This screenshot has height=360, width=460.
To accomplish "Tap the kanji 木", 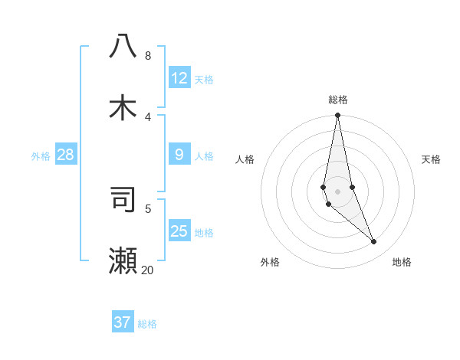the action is (123, 108).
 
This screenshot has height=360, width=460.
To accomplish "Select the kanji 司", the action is (123, 199).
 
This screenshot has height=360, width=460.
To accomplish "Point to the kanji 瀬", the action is (123, 261).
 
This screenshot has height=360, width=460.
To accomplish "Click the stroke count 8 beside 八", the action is (147, 56).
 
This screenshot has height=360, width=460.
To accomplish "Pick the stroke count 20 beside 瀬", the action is (147, 270).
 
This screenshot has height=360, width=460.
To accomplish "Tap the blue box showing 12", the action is (179, 78).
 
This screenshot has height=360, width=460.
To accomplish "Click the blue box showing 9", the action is (179, 155).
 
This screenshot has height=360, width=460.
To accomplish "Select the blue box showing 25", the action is (179, 231).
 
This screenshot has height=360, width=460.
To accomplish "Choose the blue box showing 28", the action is (66, 155).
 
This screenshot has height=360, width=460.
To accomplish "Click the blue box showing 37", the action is (123, 322).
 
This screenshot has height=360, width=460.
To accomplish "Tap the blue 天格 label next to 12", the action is (204, 80).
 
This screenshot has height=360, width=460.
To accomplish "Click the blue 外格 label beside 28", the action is (41, 156).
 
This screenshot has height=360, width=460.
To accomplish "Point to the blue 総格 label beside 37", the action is (147, 324).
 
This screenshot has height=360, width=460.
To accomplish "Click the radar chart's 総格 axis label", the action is (338, 100).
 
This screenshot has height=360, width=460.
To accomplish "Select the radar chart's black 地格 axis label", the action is (402, 262).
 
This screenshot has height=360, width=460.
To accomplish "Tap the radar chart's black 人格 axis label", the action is (245, 159).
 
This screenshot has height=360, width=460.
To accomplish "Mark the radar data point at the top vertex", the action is (337, 116).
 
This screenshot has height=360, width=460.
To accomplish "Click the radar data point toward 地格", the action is (374, 242).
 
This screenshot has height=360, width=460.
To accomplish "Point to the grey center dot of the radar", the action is (337, 191).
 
